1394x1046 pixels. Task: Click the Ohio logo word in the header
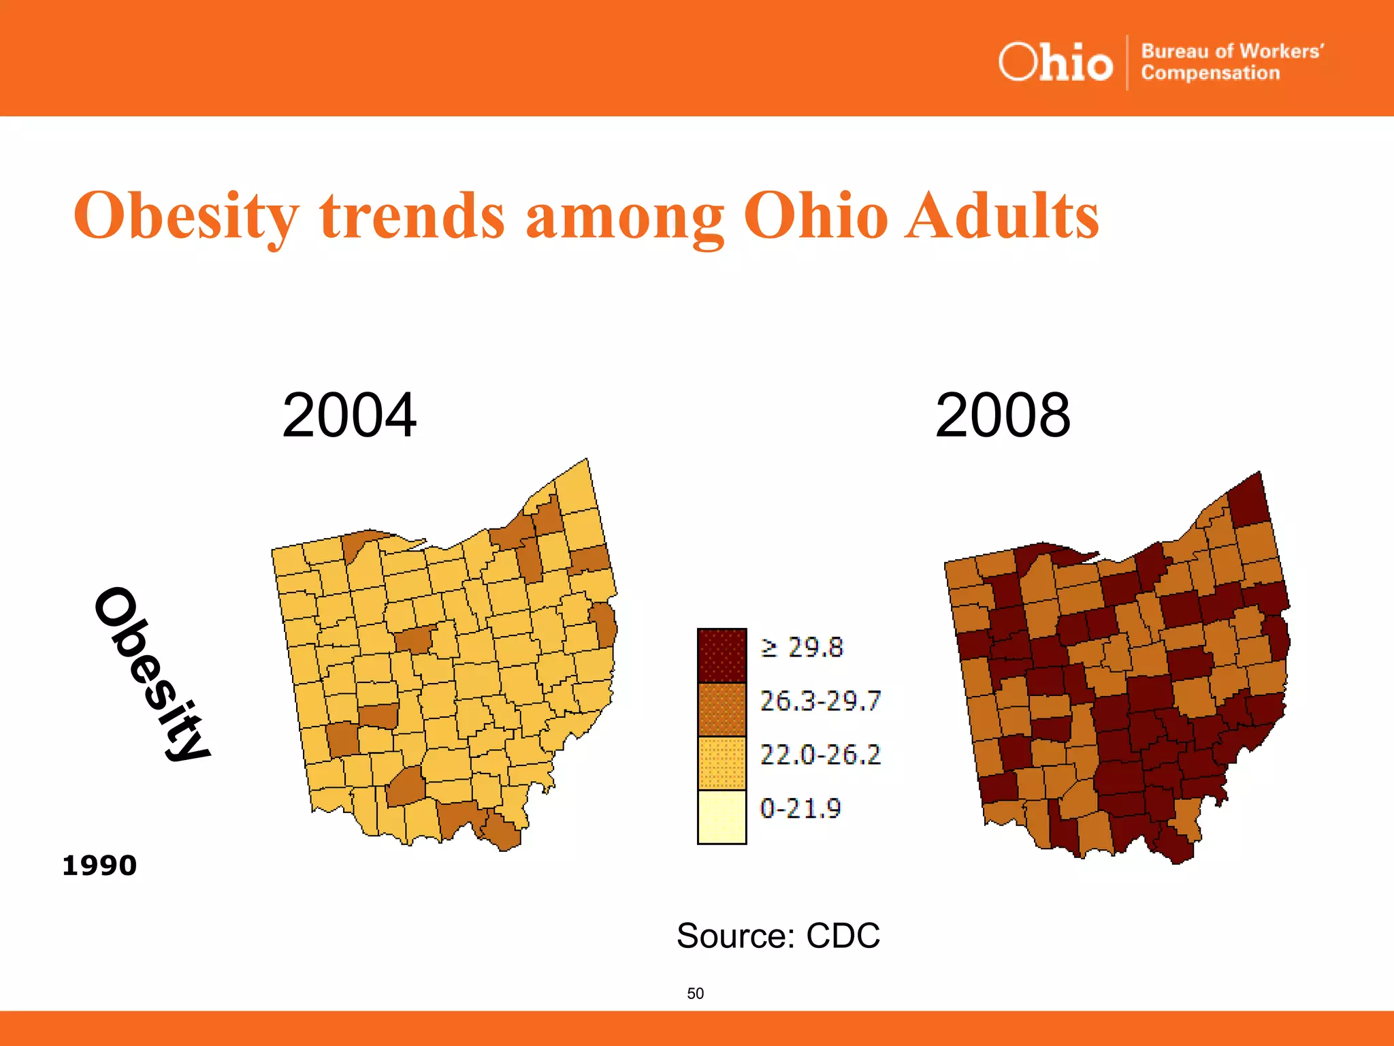[1055, 63]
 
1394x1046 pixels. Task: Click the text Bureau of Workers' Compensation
[1232, 62]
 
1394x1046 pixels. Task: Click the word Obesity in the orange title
[186, 216]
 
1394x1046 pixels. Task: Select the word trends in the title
[412, 216]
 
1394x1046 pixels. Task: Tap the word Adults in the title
[1001, 216]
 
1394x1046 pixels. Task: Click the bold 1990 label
[99, 866]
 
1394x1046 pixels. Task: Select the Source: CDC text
[778, 936]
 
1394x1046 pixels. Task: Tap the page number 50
[695, 994]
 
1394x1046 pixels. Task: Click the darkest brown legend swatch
[722, 656]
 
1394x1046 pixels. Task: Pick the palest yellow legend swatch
[722, 817]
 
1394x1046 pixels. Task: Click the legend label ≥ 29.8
[802, 648]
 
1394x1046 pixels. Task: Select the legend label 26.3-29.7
[820, 701]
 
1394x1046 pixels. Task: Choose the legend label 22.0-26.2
[820, 755]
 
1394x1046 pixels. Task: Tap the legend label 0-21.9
[800, 808]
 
